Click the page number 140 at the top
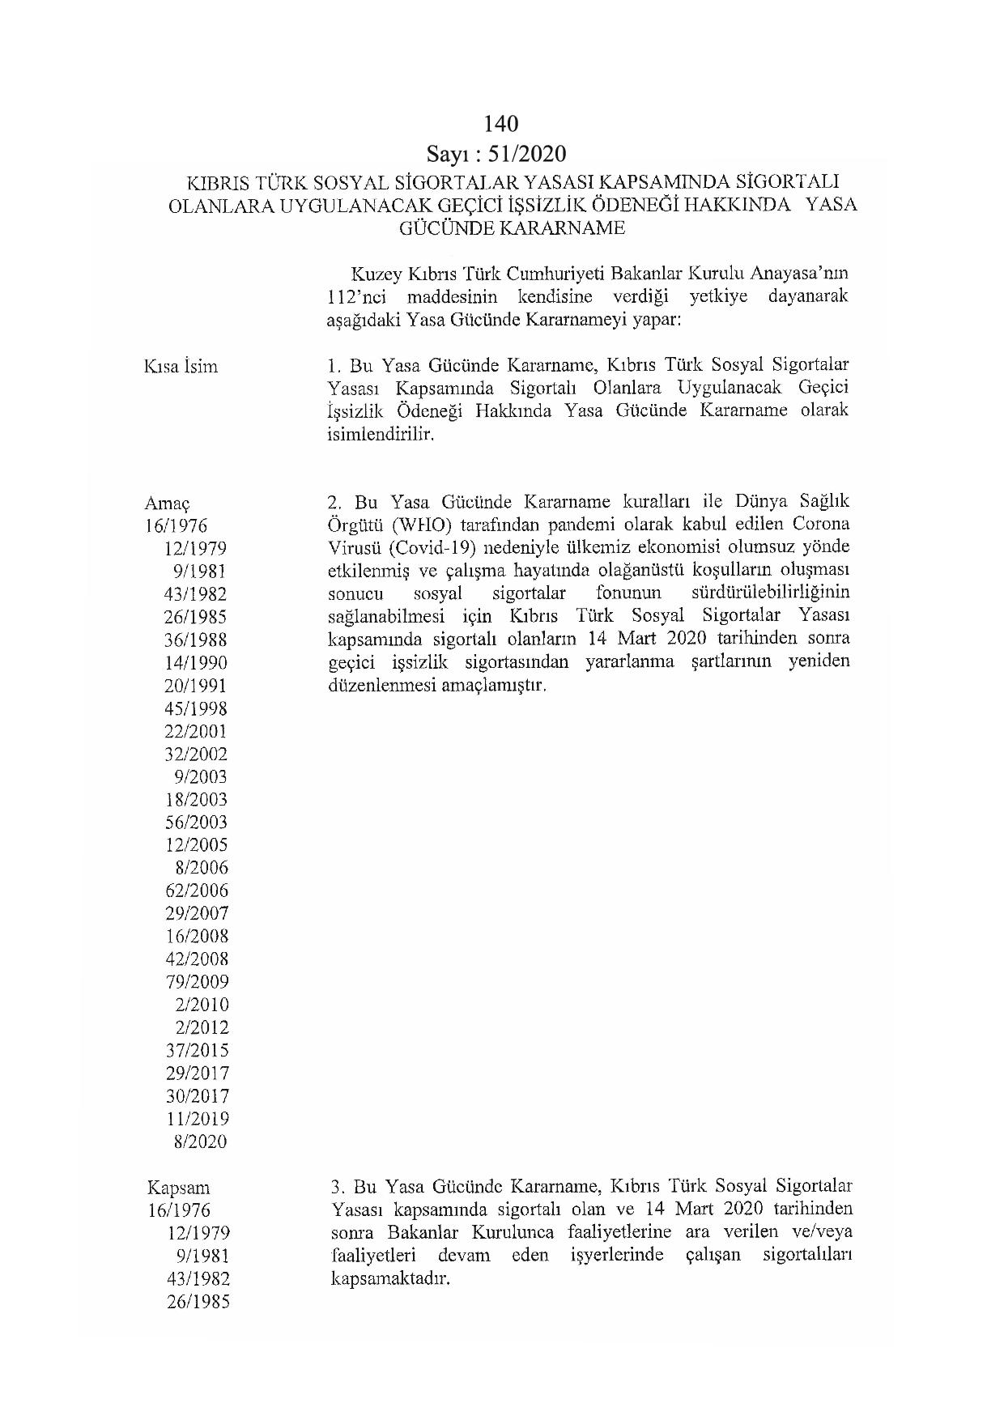[500, 123]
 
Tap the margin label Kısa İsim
[181, 366]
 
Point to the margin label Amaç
[167, 504]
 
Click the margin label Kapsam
[178, 1188]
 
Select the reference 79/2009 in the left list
[196, 981]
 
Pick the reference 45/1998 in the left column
[196, 708]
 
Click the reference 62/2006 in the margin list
[196, 891]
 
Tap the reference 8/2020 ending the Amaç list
[200, 1142]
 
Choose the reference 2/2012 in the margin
[202, 1027]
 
